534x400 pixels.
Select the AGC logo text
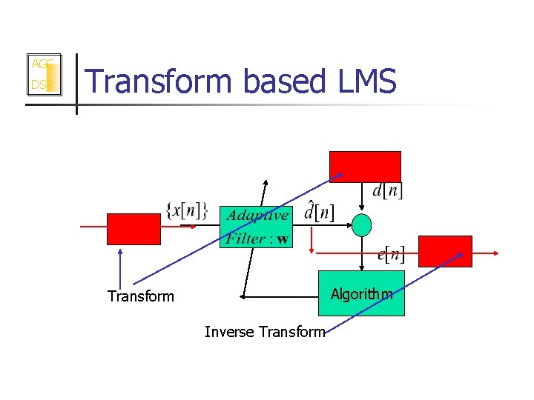click(40, 64)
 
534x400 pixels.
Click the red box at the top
click(365, 166)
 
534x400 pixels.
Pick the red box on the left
click(133, 229)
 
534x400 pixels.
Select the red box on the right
click(445, 251)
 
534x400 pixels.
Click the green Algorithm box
click(362, 293)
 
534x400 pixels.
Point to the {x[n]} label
click(188, 210)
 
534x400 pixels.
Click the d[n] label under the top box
click(387, 190)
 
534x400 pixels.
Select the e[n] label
click(391, 256)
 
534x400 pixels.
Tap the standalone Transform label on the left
click(141, 296)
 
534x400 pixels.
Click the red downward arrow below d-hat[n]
click(312, 240)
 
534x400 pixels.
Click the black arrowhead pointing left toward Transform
click(243, 296)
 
